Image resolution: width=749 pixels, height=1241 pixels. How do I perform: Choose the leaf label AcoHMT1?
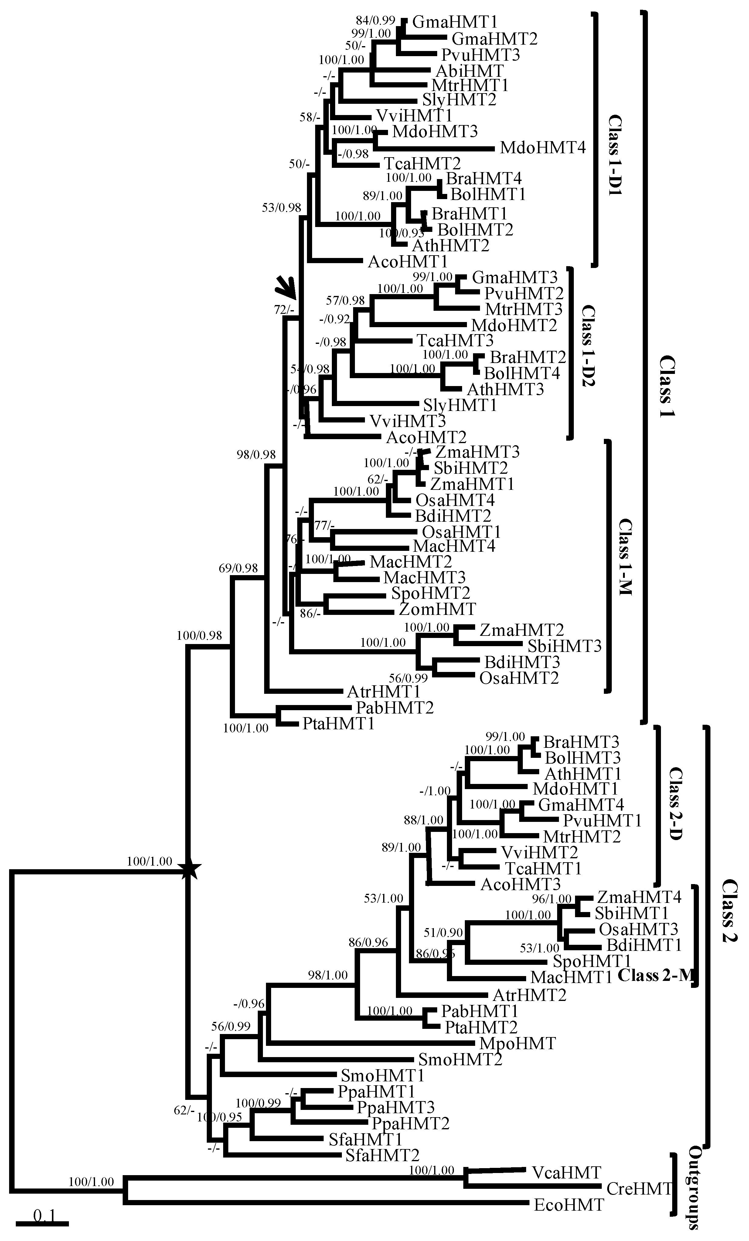408,261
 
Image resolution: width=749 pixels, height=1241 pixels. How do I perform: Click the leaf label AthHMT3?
505,389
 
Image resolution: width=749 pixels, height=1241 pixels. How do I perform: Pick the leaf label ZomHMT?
437,609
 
